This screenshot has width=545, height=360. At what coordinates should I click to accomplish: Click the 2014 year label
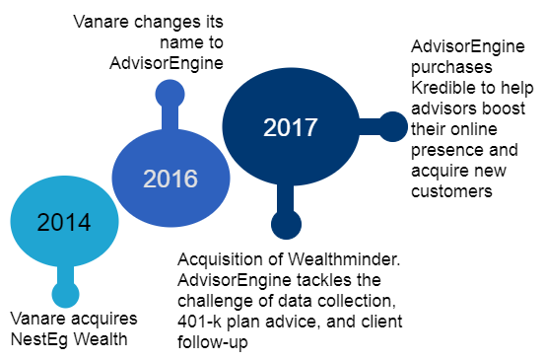coord(64,221)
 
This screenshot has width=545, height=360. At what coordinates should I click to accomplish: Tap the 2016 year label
coord(170,179)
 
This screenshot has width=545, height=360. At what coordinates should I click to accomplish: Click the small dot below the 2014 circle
coord(65,294)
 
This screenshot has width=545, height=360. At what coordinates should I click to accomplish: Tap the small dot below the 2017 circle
coord(286,225)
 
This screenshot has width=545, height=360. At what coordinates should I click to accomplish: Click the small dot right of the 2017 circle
coord(392,126)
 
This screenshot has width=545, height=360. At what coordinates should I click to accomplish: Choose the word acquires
coord(103,319)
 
